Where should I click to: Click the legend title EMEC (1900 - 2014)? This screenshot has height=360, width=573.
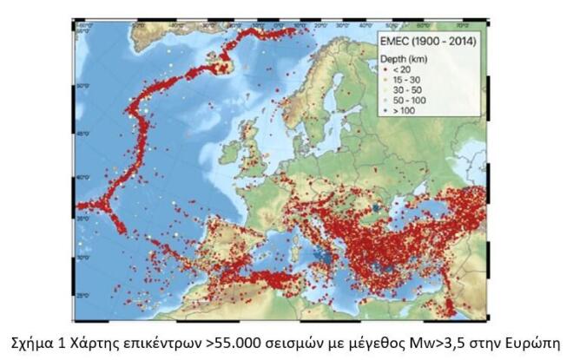click(x=431, y=43)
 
